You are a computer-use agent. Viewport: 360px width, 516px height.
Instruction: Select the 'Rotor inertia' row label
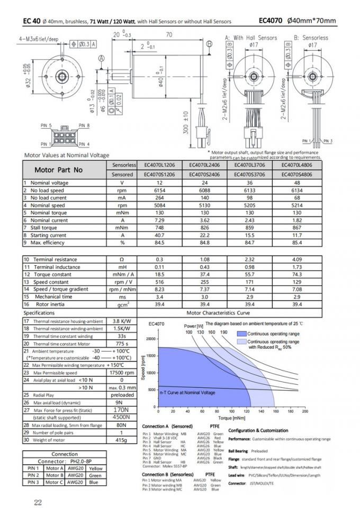(x=50, y=304)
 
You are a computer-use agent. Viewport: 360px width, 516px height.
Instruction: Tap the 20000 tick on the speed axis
(x=149, y=339)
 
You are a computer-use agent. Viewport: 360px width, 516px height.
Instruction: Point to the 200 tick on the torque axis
(x=304, y=411)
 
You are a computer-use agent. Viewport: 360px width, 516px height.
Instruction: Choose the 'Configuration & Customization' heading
(x=258, y=430)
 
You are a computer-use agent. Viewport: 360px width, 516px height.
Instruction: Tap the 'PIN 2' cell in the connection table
(x=33, y=475)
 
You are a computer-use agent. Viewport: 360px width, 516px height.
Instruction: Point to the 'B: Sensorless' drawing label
(x=311, y=38)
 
